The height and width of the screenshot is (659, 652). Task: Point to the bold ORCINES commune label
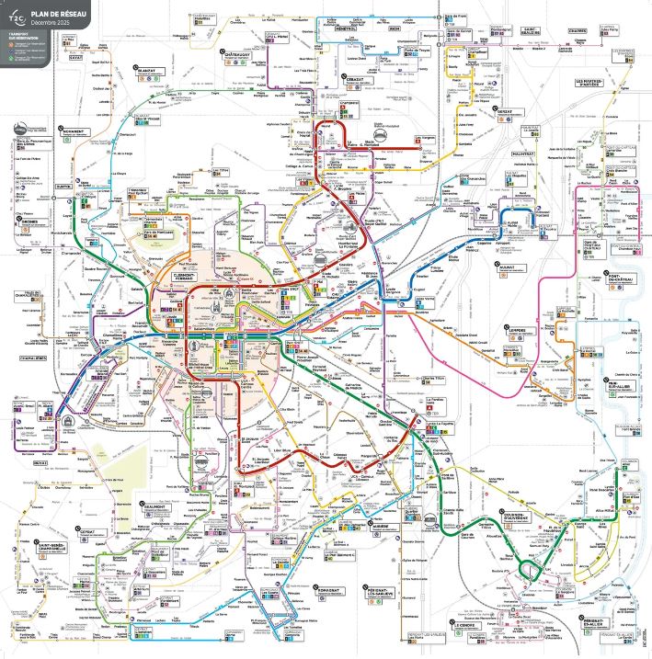(x=26, y=219)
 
